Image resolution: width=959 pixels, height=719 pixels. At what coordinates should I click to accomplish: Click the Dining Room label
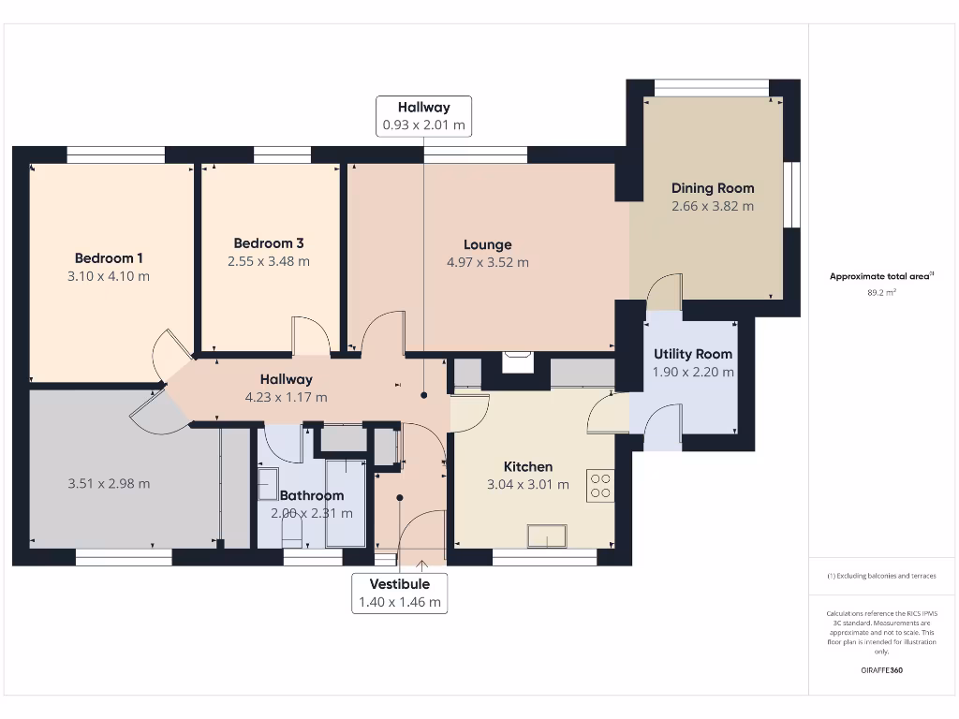pyautogui.click(x=712, y=188)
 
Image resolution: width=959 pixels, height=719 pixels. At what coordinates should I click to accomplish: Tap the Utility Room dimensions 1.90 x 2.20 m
pyautogui.click(x=693, y=372)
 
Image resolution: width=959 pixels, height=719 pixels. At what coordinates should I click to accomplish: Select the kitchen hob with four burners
pyautogui.click(x=598, y=484)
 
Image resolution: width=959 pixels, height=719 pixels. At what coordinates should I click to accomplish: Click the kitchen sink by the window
pyautogui.click(x=547, y=536)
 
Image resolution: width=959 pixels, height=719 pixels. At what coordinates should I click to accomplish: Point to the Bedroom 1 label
pyautogui.click(x=109, y=258)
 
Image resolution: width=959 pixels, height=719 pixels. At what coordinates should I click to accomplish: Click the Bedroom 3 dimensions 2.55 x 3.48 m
pyautogui.click(x=269, y=261)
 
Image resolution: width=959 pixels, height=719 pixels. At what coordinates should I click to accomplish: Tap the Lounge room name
pyautogui.click(x=487, y=244)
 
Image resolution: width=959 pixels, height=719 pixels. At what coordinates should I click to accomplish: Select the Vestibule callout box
pyautogui.click(x=399, y=593)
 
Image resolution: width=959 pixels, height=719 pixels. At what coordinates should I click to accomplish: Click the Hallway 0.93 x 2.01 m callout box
pyautogui.click(x=423, y=116)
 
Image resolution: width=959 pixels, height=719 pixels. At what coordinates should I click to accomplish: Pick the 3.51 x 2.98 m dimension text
pyautogui.click(x=109, y=484)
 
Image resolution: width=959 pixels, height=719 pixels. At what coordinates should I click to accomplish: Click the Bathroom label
pyautogui.click(x=312, y=495)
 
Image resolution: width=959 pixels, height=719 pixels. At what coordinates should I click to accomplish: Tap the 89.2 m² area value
pyautogui.click(x=881, y=292)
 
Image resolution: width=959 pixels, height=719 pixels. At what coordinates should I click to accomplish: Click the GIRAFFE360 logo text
pyautogui.click(x=881, y=670)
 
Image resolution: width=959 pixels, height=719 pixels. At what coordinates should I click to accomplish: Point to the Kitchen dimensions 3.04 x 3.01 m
pyautogui.click(x=528, y=485)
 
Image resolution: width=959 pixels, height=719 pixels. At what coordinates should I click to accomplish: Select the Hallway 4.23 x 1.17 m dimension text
pyautogui.click(x=286, y=397)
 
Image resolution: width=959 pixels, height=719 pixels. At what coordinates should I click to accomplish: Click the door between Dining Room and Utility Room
pyautogui.click(x=665, y=292)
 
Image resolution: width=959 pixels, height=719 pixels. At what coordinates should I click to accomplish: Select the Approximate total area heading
pyautogui.click(x=881, y=276)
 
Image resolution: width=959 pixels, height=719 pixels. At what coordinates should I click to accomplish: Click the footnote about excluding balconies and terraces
pyautogui.click(x=881, y=576)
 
